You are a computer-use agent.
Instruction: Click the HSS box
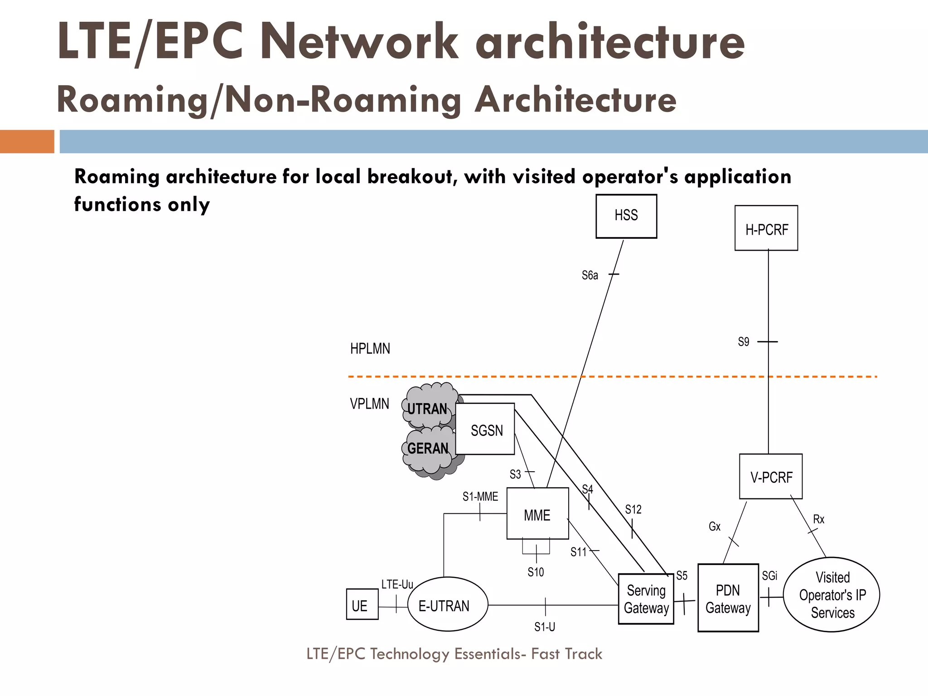626,216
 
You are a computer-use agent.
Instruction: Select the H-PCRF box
766,228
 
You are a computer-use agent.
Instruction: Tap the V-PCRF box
770,477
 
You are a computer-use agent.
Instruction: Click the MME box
537,513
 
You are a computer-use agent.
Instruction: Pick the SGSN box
485,429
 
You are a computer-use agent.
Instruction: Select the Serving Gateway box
646,599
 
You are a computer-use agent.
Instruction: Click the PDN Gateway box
728,598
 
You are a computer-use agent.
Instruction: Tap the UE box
362,604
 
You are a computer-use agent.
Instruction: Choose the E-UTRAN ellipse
447,604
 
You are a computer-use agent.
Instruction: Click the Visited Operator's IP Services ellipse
831,594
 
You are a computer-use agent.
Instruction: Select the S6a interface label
590,275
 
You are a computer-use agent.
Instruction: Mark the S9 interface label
744,342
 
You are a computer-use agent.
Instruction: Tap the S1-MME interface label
480,497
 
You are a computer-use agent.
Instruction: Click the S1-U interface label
544,627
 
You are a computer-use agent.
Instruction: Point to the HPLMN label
370,348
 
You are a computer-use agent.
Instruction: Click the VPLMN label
369,404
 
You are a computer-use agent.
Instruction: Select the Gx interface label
714,527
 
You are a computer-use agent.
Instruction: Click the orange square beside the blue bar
27,141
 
